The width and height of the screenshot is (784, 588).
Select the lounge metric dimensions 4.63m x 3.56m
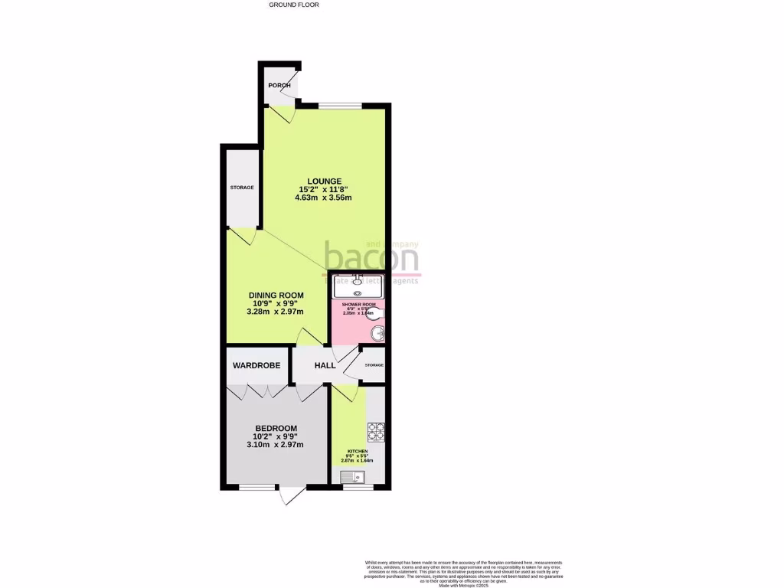pyautogui.click(x=322, y=198)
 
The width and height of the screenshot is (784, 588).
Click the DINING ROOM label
pyautogui.click(x=276, y=296)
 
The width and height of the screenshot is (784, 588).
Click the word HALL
pyautogui.click(x=325, y=366)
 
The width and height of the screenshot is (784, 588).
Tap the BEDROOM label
pyautogui.click(x=276, y=429)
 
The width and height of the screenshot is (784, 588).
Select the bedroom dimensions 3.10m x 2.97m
pyautogui.click(x=276, y=445)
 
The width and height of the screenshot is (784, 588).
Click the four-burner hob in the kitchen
pyautogui.click(x=375, y=432)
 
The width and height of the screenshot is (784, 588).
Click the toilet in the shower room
pyautogui.click(x=379, y=312)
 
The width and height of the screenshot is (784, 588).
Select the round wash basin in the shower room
pyautogui.click(x=377, y=334)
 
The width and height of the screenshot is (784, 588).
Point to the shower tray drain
pyautogui.click(x=358, y=292)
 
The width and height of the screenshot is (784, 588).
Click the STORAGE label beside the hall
pyautogui.click(x=374, y=365)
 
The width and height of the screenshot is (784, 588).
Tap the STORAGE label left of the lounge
pyautogui.click(x=242, y=188)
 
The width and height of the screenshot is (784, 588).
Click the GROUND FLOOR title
pyautogui.click(x=294, y=5)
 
